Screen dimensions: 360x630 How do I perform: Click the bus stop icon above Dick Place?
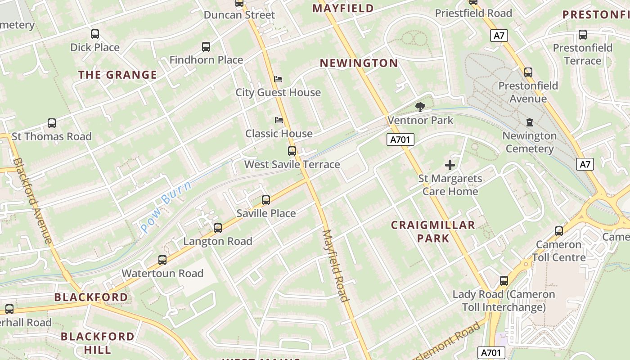94,34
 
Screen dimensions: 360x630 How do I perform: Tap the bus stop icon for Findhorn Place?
206,46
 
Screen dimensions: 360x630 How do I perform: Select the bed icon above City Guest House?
279,79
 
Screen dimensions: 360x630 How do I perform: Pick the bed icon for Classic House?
279,120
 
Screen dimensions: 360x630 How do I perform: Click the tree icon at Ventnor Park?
420,107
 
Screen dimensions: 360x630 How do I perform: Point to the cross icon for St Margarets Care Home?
450,165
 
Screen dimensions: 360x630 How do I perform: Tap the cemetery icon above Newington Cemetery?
529,122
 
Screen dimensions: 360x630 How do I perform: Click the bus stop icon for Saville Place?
266,200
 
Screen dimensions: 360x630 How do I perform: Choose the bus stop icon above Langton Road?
218,228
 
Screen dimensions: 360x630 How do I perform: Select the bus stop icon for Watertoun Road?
162,260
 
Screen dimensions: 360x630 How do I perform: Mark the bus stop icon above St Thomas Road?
52,123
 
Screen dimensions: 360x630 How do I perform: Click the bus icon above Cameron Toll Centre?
559,231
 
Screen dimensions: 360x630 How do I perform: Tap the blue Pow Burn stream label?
166,207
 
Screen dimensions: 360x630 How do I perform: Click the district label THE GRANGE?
118,75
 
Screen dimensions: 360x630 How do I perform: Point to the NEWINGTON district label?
359,63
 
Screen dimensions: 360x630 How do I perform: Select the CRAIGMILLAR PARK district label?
433,231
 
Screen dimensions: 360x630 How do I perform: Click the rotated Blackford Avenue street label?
33,200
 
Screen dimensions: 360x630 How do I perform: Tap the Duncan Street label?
239,15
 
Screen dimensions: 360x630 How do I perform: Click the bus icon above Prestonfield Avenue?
528,72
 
